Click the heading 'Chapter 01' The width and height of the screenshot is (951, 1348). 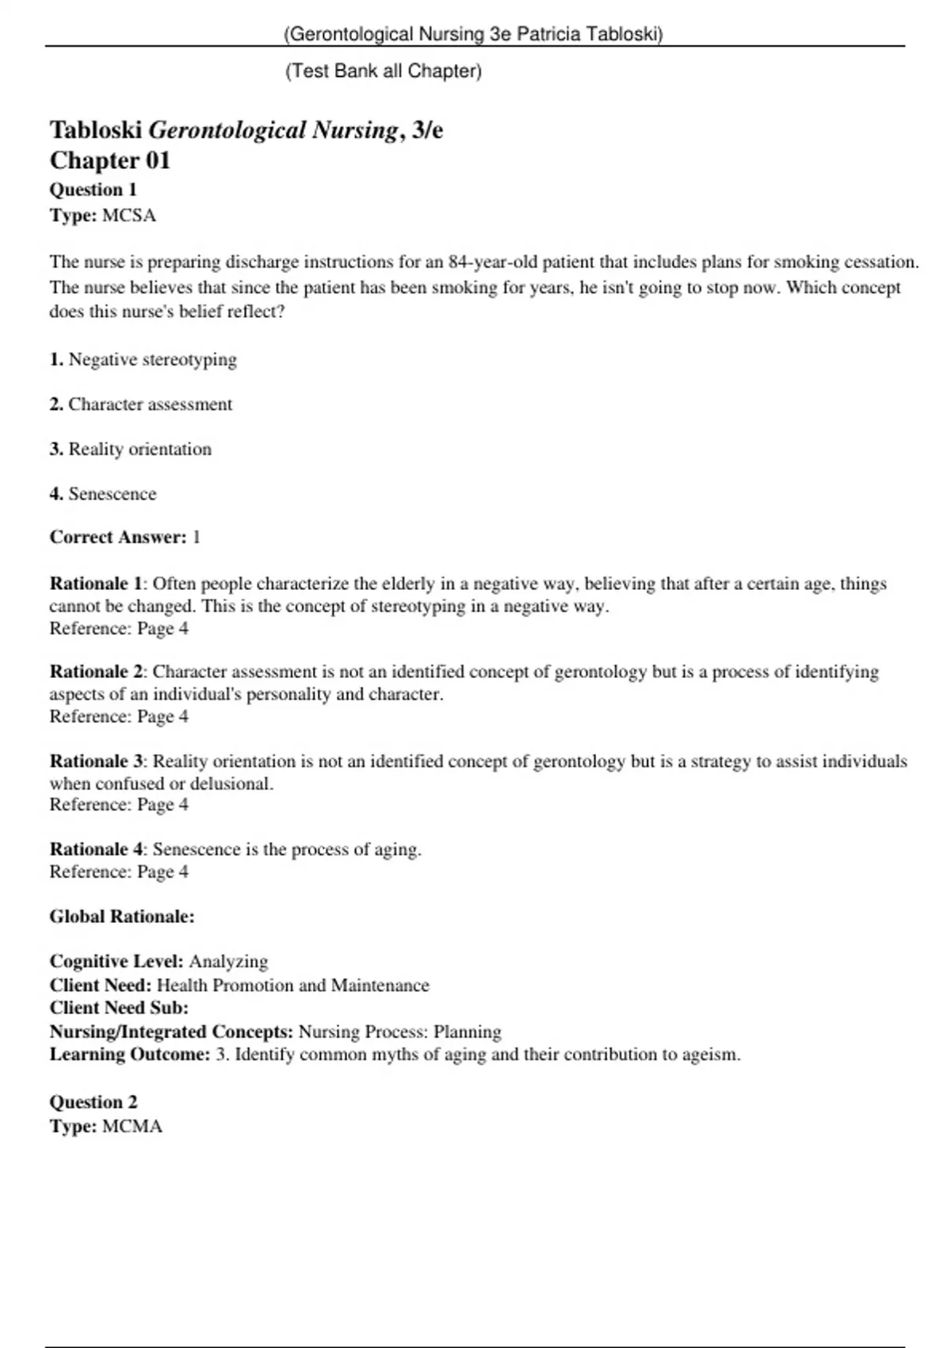[110, 161]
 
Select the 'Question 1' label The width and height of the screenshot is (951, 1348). [94, 190]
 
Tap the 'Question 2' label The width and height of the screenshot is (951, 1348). [94, 1102]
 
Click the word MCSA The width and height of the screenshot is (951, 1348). [129, 216]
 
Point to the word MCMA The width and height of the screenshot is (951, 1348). [132, 1127]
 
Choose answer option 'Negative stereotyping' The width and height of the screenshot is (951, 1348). [152, 360]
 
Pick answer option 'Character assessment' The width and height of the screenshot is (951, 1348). [150, 404]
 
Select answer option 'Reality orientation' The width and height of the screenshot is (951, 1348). [139, 450]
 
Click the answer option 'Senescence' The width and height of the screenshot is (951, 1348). [112, 494]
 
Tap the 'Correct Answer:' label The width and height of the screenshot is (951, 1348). [118, 538]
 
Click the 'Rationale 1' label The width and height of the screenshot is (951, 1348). [95, 584]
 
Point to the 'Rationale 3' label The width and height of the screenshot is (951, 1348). [95, 762]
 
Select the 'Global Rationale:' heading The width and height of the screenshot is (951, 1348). [122, 917]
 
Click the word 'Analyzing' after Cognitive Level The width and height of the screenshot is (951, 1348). [228, 962]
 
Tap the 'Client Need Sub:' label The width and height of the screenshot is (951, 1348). [119, 1009]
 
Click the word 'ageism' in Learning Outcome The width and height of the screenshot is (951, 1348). [712, 1055]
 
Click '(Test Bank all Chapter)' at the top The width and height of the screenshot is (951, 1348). [384, 71]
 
